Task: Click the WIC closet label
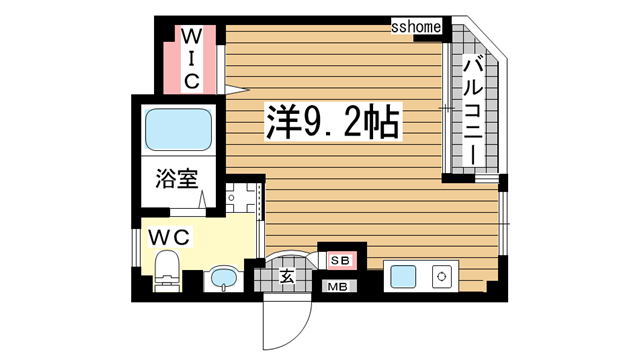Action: click(191, 57)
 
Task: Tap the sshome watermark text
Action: click(415, 27)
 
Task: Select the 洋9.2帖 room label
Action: click(332, 123)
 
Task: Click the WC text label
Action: click(171, 237)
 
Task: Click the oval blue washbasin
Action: click(222, 277)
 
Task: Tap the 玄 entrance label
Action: click(286, 276)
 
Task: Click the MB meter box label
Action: click(338, 287)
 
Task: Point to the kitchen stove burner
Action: click(440, 275)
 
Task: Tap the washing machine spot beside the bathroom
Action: click(242, 200)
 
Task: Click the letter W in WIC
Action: click(191, 37)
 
